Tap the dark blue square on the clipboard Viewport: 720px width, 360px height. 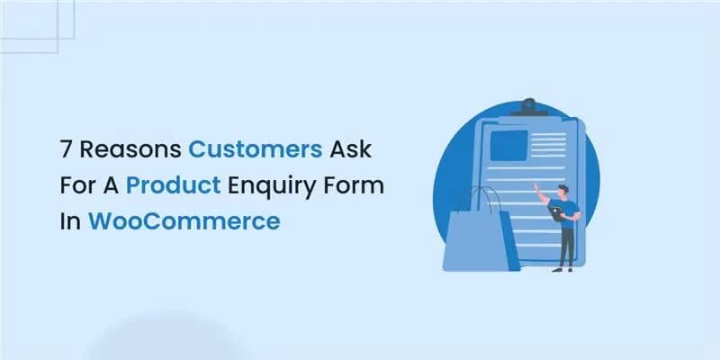(x=508, y=144)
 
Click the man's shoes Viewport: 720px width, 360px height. (x=565, y=268)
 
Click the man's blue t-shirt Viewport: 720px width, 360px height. (x=567, y=211)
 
